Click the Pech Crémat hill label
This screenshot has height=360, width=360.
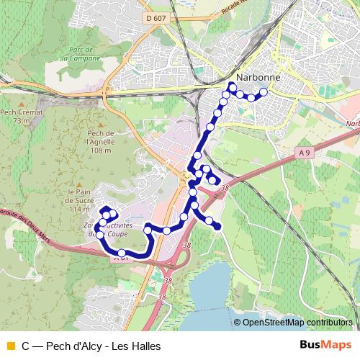click(22, 112)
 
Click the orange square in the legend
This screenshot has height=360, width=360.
click(9, 346)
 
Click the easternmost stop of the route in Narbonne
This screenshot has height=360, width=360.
click(264, 91)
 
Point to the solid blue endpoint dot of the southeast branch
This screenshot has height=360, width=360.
click(217, 228)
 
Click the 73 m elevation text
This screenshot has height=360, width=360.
click(22, 122)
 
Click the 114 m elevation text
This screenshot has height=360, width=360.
click(78, 209)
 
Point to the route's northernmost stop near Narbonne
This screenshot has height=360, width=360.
click(232, 86)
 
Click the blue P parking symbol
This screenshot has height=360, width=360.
click(107, 91)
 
